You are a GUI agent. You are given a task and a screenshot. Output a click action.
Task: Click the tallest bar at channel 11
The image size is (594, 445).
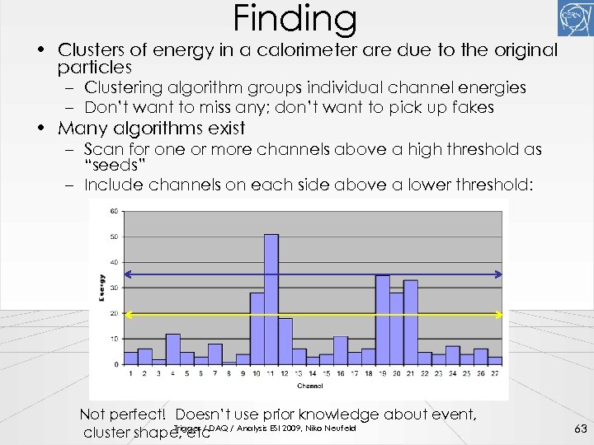click(x=271, y=299)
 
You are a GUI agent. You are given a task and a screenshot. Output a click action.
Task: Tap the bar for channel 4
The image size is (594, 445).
click(x=173, y=349)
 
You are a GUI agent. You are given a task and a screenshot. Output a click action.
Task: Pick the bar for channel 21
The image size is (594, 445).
click(x=410, y=322)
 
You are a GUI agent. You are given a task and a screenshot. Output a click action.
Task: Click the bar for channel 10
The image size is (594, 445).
click(x=257, y=328)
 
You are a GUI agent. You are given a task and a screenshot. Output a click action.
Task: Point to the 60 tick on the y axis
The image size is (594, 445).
click(x=114, y=212)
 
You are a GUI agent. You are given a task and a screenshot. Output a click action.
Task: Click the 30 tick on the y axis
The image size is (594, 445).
click(x=114, y=288)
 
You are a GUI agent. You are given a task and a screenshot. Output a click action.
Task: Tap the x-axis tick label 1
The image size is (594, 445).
click(x=130, y=373)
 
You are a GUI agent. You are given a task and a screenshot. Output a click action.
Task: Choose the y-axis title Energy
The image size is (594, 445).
click(x=101, y=288)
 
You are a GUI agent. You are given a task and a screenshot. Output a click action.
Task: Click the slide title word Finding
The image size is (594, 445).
click(x=295, y=18)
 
